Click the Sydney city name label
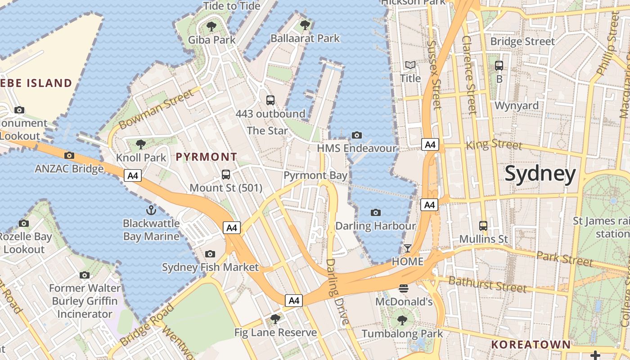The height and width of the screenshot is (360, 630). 540,174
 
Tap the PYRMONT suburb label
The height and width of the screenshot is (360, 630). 206,157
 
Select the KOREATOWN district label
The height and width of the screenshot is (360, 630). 531,345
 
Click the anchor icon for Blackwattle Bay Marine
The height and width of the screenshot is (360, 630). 151,210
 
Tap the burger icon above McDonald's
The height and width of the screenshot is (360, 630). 404,288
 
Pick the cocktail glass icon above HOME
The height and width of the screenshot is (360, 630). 408,248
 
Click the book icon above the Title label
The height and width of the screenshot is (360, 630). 410,65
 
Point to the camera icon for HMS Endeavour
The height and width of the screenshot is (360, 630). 357,135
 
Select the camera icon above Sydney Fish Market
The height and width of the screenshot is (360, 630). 210,254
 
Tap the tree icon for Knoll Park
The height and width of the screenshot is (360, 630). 141,144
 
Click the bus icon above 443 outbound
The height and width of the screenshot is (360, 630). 270,100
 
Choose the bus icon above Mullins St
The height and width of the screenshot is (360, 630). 483,225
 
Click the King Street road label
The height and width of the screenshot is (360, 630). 494,144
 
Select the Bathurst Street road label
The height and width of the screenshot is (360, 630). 487,284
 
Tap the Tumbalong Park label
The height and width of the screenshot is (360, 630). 402,333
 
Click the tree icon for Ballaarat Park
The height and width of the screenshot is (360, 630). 305,25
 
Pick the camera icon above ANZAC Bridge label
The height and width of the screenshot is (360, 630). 69,156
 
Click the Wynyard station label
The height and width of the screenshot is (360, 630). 516,106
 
